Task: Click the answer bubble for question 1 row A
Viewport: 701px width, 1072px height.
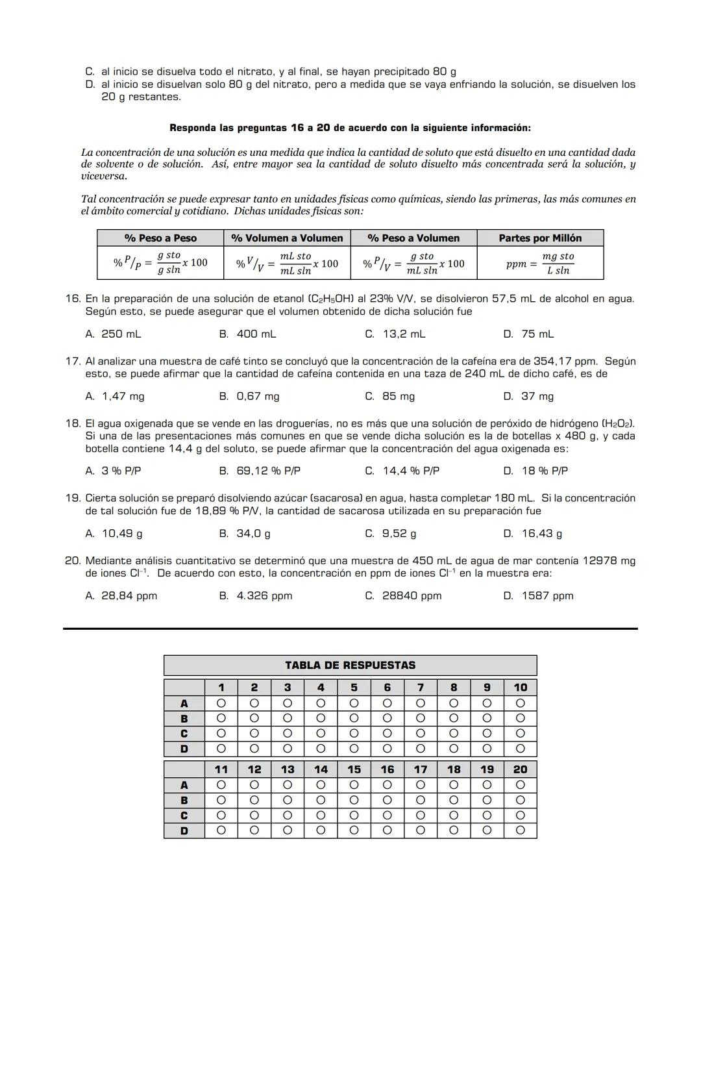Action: (221, 703)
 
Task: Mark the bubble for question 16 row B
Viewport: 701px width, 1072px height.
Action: (387, 800)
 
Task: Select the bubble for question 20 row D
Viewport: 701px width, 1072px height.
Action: (520, 830)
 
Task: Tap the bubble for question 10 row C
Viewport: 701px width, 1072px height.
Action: (520, 733)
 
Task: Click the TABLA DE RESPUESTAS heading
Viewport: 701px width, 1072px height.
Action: (350, 665)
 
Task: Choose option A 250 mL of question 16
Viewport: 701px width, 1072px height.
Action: (113, 334)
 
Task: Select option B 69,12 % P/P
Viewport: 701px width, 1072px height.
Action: (260, 471)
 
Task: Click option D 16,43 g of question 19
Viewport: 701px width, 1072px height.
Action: (533, 533)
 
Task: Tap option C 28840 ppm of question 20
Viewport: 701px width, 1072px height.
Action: (403, 595)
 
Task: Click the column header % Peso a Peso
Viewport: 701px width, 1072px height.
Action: (160, 238)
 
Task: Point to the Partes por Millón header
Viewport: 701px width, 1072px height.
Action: (540, 238)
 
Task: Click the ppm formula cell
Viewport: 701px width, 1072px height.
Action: (540, 263)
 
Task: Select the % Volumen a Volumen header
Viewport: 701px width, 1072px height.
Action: (287, 238)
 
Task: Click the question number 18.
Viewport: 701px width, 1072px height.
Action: (73, 423)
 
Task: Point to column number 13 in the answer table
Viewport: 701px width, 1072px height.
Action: (288, 769)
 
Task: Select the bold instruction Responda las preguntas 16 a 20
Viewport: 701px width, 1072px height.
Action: (350, 128)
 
